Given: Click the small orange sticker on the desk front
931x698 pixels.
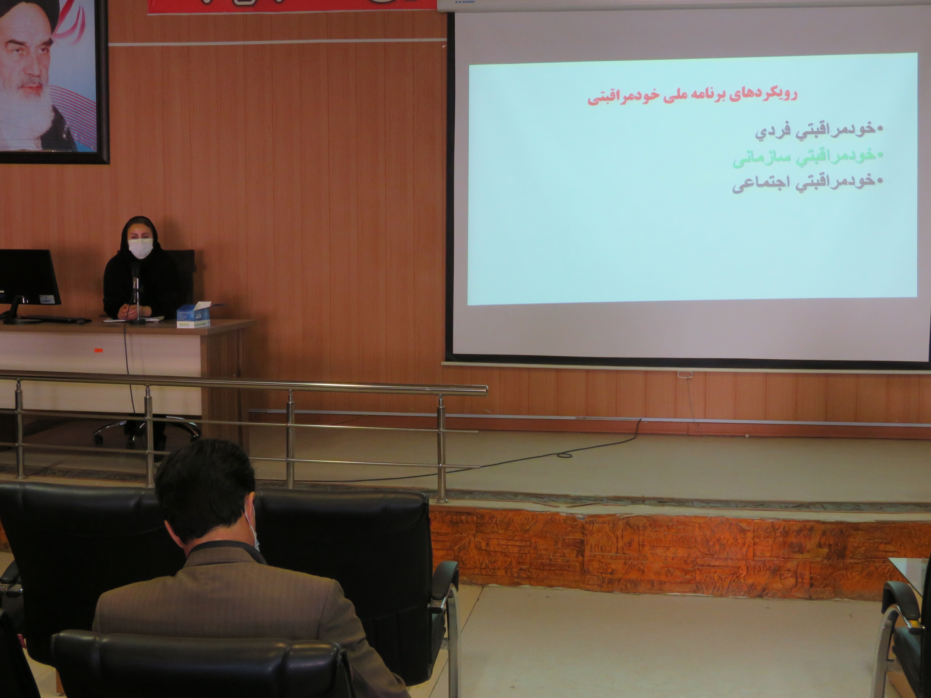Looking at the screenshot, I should click(x=98, y=349).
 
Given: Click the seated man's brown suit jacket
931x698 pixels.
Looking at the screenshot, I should click(x=219, y=606).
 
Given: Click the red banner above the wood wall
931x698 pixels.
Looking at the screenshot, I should click(x=290, y=6).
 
